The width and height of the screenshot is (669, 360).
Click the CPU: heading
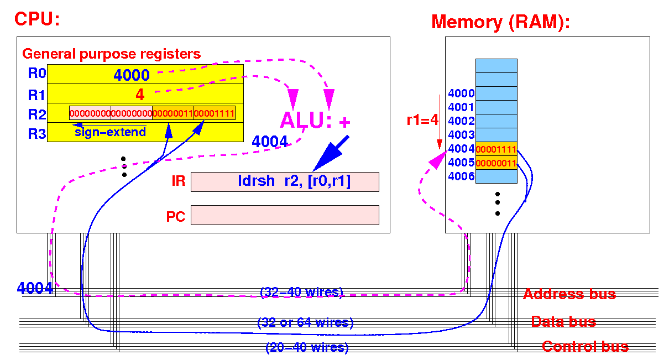pos(37,19)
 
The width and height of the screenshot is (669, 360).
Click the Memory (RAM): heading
pos(500,22)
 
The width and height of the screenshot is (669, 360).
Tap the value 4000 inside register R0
pos(132,75)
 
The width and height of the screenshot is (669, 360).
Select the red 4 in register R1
pos(140,95)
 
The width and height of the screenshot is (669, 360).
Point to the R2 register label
pos(36,114)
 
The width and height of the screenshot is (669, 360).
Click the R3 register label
pos(36,134)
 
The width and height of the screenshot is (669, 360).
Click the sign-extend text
pos(110,132)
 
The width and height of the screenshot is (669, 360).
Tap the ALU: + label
pos(315,120)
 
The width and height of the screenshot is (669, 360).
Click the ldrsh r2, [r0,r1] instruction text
pos(294,181)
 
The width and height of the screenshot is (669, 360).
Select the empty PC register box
pos(285,215)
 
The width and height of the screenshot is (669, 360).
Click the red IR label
pos(178,181)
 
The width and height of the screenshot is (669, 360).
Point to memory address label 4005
pos(461,163)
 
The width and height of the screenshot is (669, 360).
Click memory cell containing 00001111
pos(496,149)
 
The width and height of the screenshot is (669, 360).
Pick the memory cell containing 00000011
pos(496,163)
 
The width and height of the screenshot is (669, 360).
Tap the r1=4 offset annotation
pos(422,120)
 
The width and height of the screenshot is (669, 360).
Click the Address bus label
pos(569,294)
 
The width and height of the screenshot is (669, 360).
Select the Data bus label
pos(563,322)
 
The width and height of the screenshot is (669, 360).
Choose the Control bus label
pos(586,347)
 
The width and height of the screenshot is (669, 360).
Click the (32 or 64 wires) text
pos(305,322)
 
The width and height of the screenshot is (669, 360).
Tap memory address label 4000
pos(461,93)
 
